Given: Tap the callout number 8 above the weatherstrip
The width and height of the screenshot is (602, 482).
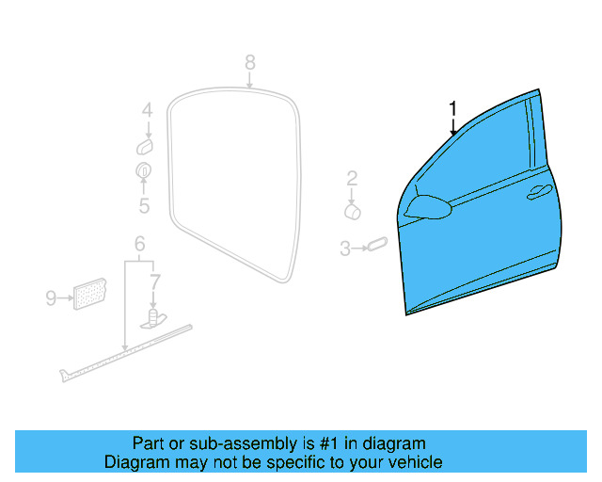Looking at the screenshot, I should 249,62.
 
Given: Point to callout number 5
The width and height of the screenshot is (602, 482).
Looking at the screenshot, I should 144,205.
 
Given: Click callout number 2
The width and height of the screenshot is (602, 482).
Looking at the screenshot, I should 352,177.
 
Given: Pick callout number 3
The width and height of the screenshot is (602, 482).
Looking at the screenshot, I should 345,249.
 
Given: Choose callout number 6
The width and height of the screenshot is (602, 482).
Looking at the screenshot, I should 139,244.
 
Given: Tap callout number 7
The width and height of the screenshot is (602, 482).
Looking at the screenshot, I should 155,280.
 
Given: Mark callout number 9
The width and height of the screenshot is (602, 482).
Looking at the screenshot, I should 51,298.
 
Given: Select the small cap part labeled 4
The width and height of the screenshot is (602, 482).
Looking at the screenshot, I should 146,146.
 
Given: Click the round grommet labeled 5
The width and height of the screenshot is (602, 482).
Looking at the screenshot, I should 144,171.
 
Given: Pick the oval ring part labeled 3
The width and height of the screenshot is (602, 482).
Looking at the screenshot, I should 375,244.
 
